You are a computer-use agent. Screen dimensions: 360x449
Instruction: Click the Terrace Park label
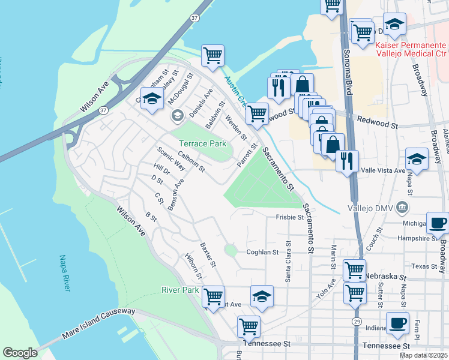(x=202, y=143)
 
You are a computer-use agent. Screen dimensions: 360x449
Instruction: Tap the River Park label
(x=180, y=290)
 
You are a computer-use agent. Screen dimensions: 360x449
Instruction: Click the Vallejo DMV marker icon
(x=401, y=208)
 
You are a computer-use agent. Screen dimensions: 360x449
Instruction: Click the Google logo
(x=20, y=353)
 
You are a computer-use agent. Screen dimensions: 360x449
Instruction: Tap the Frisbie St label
(x=290, y=217)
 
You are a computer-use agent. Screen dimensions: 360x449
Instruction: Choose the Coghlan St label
(x=263, y=252)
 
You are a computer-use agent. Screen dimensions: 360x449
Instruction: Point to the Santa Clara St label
(x=289, y=261)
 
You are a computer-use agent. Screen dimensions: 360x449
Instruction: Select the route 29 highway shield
(x=356, y=322)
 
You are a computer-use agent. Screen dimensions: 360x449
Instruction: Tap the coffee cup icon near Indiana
(x=397, y=322)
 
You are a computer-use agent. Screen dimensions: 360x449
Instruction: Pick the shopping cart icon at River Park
(x=213, y=296)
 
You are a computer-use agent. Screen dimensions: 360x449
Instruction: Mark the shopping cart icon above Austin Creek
(x=212, y=55)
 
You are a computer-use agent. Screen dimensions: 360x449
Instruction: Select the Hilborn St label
(x=193, y=270)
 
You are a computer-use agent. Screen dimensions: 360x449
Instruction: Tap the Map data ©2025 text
(x=423, y=355)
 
